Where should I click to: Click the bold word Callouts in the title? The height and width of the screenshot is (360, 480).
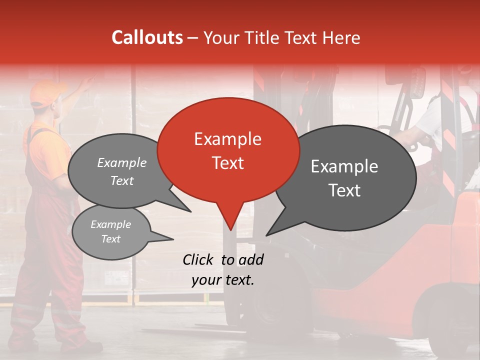coord(147,37)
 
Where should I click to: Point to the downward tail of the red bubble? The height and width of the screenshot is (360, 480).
coord(229,220)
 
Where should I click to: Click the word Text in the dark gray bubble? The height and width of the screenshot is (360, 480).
coord(345,190)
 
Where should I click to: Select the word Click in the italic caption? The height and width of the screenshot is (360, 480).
coord(199,259)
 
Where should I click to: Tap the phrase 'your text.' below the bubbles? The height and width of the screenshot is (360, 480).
coord(223,280)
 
